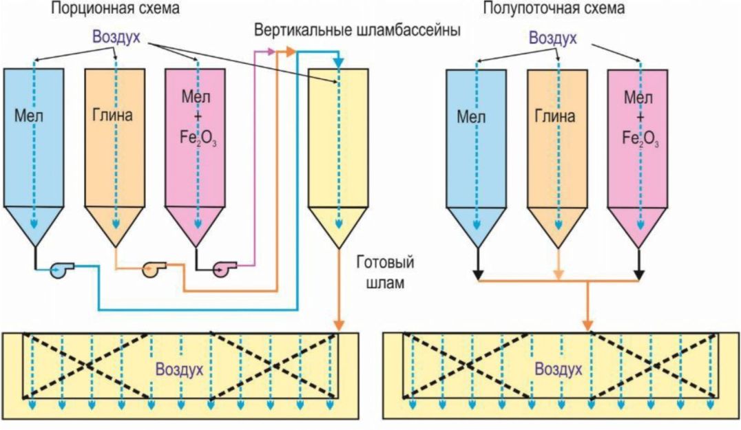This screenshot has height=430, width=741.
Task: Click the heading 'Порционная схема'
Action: pos(115,8)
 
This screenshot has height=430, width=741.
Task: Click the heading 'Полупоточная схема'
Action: pos(554,8)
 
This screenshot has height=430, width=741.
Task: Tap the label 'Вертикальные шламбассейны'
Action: pos(357,30)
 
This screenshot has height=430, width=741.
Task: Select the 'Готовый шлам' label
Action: pos(386,272)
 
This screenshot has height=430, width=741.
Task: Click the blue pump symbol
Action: pos(61,270)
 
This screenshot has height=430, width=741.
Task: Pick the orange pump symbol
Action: pos(154,268)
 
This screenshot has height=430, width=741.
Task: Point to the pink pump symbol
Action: pos(225,268)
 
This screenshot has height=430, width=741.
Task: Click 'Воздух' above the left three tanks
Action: pos(116,37)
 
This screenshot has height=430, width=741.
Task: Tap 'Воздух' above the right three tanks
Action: pos(552,38)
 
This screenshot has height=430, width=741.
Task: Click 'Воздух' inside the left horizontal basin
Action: pos(180,369)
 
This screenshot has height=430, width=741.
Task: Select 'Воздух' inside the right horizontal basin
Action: pos(558,369)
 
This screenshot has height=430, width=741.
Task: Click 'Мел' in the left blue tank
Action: pos(29,116)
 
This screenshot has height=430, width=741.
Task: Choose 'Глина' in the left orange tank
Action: pos(112,115)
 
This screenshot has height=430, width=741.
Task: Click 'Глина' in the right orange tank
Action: pos(555,116)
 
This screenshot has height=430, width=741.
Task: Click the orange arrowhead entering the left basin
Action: pos(339,325)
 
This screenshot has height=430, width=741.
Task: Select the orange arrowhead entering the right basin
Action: pos(587,325)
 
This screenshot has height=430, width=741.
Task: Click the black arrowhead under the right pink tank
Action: pos(639,275)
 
